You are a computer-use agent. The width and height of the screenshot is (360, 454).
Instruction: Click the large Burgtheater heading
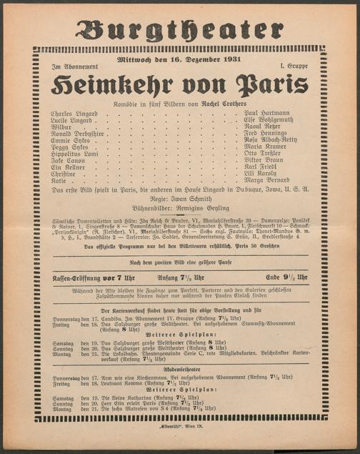[x=179, y=29]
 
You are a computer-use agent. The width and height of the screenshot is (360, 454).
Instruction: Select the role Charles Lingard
[x=76, y=113]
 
